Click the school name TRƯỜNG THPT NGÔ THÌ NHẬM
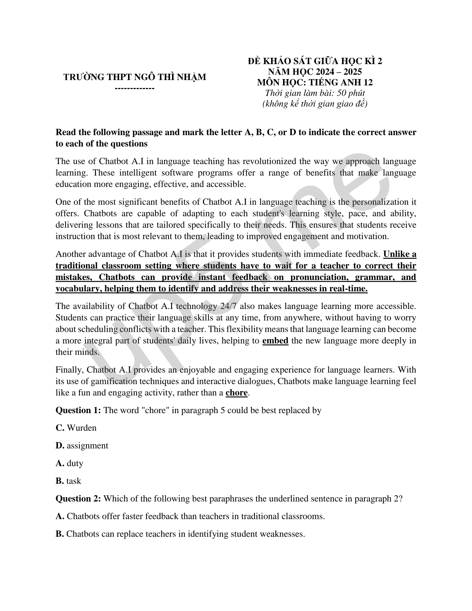(135, 77)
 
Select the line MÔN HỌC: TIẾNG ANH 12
(315, 82)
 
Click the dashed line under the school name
(135, 88)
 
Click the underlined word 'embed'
(275, 341)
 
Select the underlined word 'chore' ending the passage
(236, 393)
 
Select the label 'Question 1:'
(78, 410)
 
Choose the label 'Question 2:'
(78, 498)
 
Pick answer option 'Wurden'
(81, 428)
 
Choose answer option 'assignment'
(87, 446)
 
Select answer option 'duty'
(75, 463)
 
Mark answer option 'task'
(74, 481)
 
